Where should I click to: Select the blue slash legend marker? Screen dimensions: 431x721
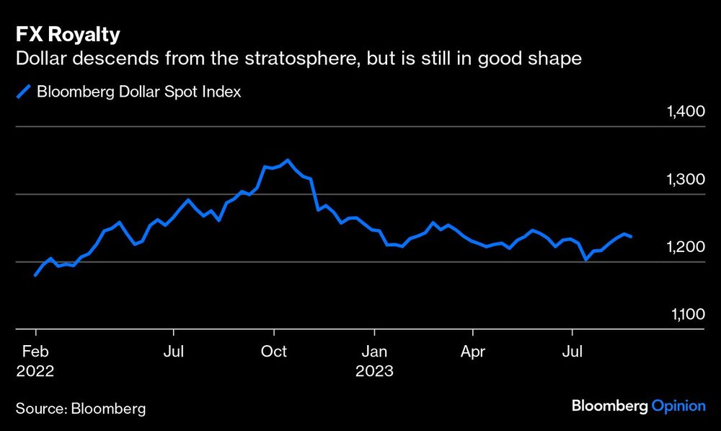coord(25,92)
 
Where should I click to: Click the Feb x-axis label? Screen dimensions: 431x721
coord(35,352)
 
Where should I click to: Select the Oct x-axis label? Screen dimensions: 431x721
coord(273,352)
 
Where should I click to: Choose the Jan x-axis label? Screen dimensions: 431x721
coord(374,352)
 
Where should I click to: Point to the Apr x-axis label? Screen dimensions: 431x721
coord(473,352)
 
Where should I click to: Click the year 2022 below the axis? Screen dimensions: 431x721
coord(35,371)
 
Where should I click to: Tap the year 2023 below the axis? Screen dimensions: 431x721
coord(374,371)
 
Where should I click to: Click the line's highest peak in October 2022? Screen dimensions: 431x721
coord(288,160)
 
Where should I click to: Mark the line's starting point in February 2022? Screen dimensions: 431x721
coord(35,275)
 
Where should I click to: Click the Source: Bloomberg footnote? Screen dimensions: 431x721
coord(81,409)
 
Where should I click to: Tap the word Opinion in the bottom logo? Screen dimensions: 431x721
coord(678,406)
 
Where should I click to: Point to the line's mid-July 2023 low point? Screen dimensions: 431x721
coord(585,259)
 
